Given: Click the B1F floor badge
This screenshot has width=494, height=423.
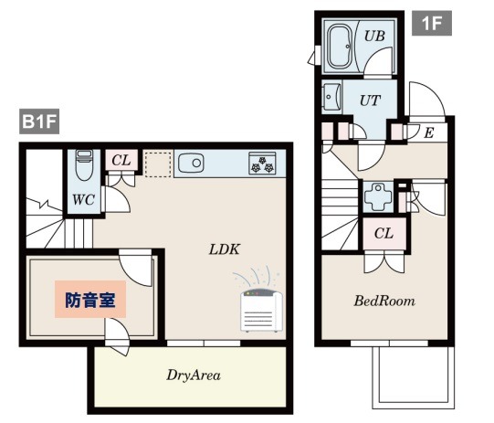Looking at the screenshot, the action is click(39, 121).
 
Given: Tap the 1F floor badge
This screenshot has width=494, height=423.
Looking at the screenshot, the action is click(432, 23).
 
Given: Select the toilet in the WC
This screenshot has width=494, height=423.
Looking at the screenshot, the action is click(84, 164).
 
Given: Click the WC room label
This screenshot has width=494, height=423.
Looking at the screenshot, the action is click(84, 199).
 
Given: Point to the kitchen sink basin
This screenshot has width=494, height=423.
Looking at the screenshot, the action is click(191, 163).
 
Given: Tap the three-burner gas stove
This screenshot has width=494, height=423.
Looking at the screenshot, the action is click(262, 163).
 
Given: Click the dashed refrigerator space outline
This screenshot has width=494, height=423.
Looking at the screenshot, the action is click(159, 164).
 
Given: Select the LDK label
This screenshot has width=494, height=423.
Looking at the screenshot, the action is click(225, 249).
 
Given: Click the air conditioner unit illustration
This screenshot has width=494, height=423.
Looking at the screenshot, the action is click(261, 310).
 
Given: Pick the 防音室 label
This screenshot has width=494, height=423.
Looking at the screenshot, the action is click(90, 300).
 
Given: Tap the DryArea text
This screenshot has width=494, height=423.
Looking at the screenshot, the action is click(194, 375).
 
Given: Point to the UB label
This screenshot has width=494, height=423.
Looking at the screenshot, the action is click(374, 36).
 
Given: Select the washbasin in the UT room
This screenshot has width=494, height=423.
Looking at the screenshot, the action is click(331, 96).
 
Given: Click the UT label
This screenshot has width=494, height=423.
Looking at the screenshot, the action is click(370, 100).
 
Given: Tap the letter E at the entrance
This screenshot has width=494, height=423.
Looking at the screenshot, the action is click(429, 132).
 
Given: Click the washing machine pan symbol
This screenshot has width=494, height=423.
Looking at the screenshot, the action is click(378, 197).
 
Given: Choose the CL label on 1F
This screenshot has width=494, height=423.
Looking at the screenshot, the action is click(384, 234).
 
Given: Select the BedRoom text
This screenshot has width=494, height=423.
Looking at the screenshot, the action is click(384, 301).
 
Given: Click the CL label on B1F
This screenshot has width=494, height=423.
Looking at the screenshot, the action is click(121, 160).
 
